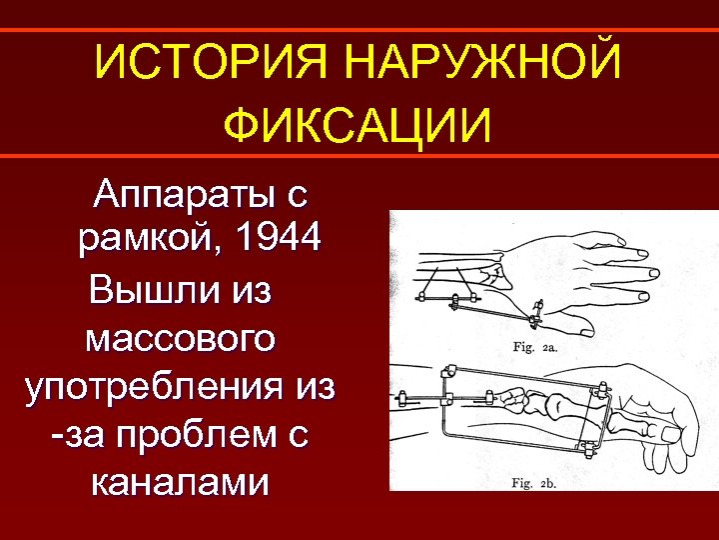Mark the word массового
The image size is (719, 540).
[x=180, y=337]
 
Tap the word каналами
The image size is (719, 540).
[x=180, y=483]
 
